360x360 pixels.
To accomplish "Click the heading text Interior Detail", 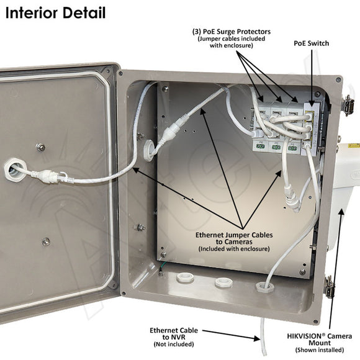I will pos(56,12).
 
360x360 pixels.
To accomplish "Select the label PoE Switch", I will pos(311,43).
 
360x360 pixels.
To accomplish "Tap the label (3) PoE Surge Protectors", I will pos(232,30).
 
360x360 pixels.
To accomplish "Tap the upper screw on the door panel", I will pos(41,147).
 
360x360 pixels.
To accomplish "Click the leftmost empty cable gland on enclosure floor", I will pos(184,277).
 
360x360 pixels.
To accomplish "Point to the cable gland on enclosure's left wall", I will pos(148,151).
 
